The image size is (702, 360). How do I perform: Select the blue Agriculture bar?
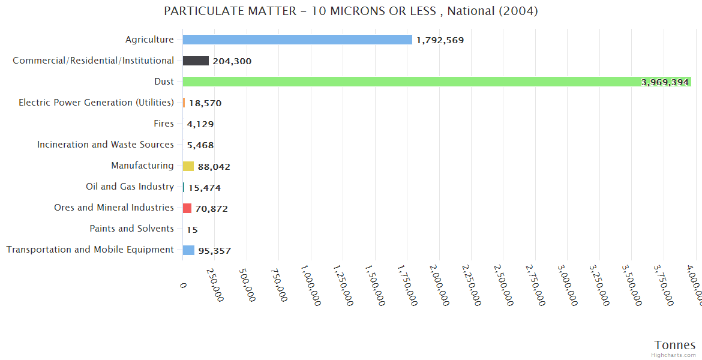click(297, 40)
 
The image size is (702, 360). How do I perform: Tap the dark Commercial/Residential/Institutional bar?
click(196, 61)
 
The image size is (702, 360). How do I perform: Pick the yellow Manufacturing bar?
click(188, 166)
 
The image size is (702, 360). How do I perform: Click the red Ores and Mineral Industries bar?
click(187, 208)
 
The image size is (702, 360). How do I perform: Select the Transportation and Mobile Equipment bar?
click(188, 250)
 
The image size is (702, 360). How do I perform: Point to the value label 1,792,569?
click(440, 40)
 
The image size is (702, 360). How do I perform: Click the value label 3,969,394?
click(665, 82)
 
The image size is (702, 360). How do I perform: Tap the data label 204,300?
click(232, 61)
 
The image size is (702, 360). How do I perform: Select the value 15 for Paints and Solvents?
click(192, 229)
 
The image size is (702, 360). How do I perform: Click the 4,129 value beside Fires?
click(200, 124)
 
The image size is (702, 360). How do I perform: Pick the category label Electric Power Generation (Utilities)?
click(96, 103)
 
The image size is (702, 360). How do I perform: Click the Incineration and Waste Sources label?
click(106, 145)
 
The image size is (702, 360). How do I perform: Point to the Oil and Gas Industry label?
click(130, 187)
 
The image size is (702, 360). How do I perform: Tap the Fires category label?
click(164, 124)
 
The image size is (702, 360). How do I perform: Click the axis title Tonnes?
click(674, 345)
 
